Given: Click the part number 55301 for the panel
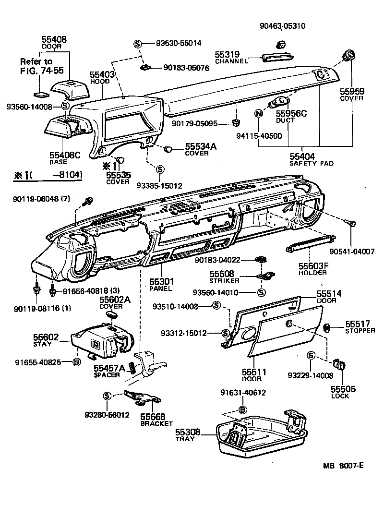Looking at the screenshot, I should [161, 282].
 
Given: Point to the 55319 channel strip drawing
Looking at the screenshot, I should [278, 58].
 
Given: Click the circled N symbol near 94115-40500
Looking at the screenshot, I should [259, 114].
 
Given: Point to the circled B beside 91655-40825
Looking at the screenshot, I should [76, 362].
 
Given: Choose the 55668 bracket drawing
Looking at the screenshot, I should [143, 397].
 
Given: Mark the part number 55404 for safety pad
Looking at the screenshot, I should [302, 156].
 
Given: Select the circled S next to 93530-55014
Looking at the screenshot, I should [138, 43].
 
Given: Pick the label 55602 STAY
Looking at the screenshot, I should [46, 340].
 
